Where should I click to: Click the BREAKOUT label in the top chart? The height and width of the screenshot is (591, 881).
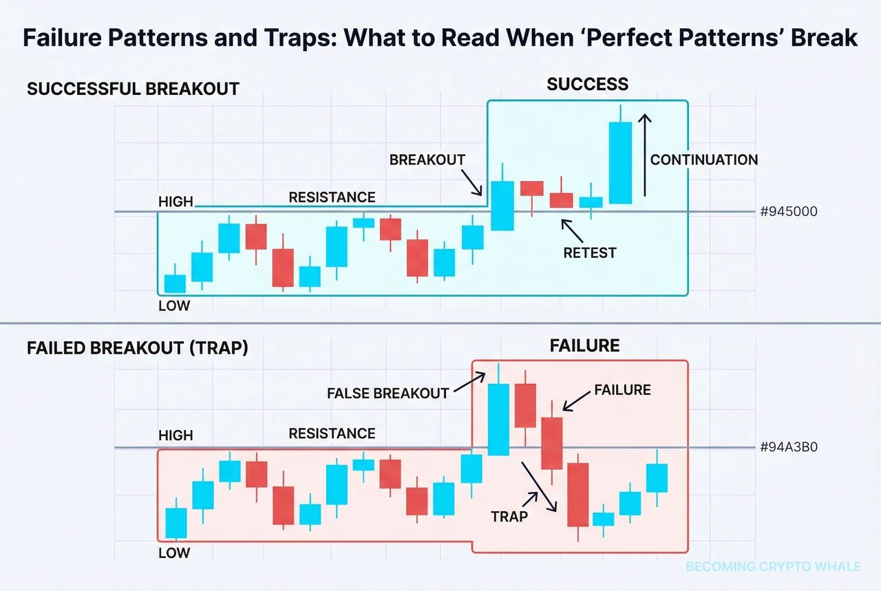pyautogui.click(x=427, y=160)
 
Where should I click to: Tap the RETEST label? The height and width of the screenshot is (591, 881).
pyautogui.click(x=589, y=252)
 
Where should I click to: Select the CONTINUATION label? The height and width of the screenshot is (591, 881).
pyautogui.click(x=703, y=160)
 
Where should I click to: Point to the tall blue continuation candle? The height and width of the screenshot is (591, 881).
pyautogui.click(x=620, y=162)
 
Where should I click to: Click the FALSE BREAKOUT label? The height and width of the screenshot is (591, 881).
pyautogui.click(x=388, y=394)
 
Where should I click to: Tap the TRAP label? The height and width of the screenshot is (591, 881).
pyautogui.click(x=509, y=515)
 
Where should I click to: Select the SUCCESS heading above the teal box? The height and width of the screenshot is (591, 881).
pyautogui.click(x=587, y=85)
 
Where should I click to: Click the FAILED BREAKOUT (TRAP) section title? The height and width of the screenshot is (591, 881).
pyautogui.click(x=137, y=348)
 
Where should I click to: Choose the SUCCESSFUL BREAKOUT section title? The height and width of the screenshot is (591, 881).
pyautogui.click(x=133, y=89)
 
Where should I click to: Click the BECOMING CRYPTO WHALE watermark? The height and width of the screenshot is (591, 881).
pyautogui.click(x=773, y=566)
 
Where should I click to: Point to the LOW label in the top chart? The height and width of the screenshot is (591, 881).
pyautogui.click(x=173, y=305)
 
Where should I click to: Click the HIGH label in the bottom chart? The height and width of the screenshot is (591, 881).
pyautogui.click(x=175, y=436)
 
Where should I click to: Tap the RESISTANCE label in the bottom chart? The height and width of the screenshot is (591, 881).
pyautogui.click(x=332, y=433)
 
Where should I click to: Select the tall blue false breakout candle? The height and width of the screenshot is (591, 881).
pyautogui.click(x=498, y=419)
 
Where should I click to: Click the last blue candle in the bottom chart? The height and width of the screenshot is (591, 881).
pyautogui.click(x=657, y=477)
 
